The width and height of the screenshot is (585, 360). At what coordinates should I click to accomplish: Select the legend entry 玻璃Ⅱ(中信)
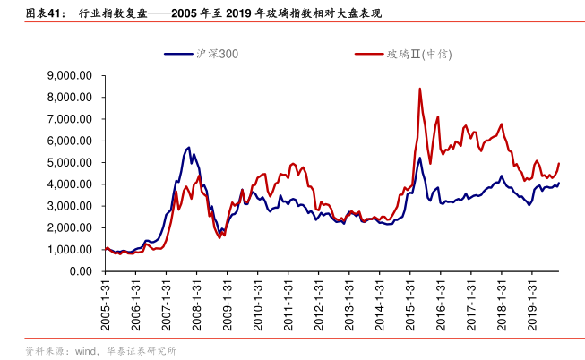point(418,54)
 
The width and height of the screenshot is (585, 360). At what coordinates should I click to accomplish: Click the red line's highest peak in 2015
point(419,89)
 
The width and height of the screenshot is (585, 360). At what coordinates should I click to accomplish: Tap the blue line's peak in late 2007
point(188,147)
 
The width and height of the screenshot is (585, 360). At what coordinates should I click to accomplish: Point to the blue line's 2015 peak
point(419,158)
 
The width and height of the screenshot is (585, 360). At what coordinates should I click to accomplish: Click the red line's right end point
point(559,163)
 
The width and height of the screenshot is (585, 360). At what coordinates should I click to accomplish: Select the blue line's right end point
point(559,184)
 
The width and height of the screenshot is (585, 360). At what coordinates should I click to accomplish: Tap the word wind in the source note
point(85,350)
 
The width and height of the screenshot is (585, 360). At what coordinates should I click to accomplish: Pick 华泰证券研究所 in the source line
point(142,350)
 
